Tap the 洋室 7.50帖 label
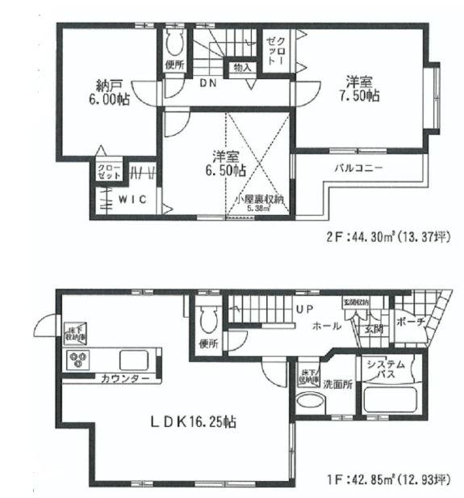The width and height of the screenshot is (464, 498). [x=363, y=89]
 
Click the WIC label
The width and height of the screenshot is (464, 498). [x=131, y=200]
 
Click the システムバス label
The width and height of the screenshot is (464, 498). [x=384, y=370]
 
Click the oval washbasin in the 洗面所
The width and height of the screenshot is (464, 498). [x=307, y=403]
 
